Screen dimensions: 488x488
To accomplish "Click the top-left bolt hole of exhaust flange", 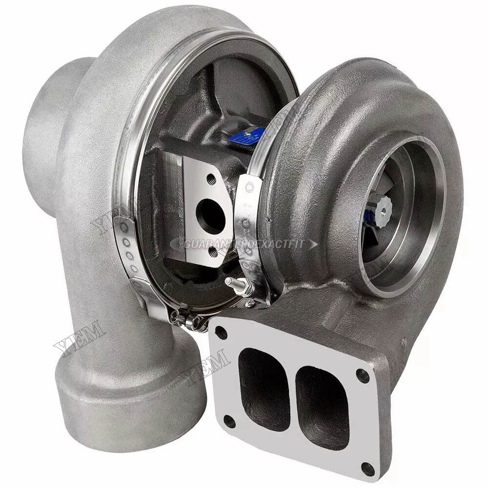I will [221, 333].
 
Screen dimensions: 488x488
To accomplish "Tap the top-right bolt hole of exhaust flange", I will [362, 375].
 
